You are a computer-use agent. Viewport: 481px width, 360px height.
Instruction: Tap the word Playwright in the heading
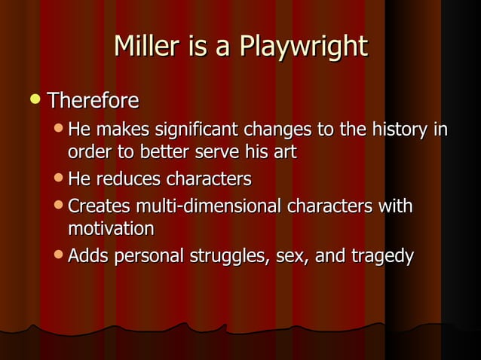(304, 48)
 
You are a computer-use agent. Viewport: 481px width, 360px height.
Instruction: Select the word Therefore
(93, 100)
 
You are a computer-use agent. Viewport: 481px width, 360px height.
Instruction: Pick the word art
(283, 152)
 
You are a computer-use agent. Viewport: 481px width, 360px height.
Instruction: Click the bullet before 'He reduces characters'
(60, 180)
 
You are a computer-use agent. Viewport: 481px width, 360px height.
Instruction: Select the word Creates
(98, 206)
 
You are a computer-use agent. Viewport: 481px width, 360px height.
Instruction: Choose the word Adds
(88, 256)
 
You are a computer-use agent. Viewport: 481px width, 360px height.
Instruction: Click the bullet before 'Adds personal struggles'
(60, 256)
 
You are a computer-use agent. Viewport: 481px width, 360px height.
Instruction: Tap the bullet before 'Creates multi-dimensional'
(60, 206)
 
